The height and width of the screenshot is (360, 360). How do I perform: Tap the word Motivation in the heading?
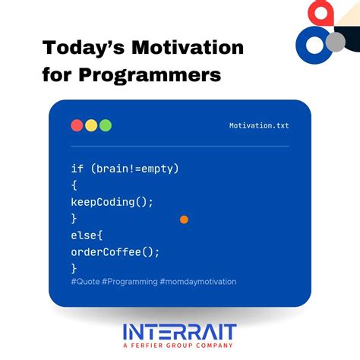tap(183, 47)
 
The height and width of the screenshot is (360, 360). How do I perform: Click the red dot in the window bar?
tap(77, 125)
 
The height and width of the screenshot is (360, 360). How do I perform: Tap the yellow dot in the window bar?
tap(91, 125)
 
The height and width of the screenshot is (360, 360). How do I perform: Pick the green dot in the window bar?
tap(106, 125)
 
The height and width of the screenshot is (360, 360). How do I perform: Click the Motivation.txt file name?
tap(259, 126)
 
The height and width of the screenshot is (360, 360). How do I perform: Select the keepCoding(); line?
tap(112, 201)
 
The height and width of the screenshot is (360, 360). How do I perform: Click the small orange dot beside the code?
tap(184, 219)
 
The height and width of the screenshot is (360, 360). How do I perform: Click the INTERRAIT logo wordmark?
tap(180, 331)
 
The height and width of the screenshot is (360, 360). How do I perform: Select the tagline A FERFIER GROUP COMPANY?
tap(180, 346)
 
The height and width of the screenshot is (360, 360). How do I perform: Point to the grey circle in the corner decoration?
tap(335, 41)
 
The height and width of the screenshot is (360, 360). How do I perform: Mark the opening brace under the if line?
tap(74, 185)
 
